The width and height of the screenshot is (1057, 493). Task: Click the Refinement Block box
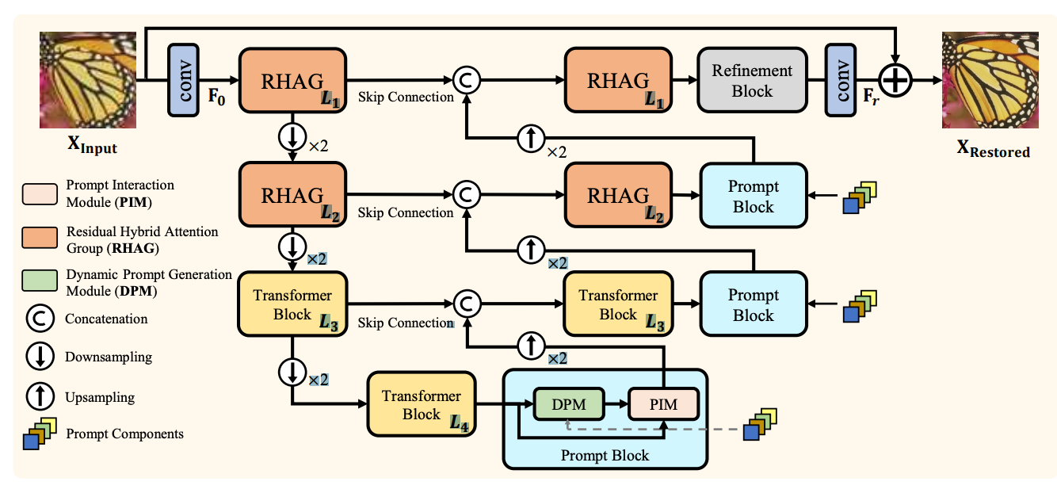751,80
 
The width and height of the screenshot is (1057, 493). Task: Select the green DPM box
569,405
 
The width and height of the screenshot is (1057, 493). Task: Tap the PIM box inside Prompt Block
664,405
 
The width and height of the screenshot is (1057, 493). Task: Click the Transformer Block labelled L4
421,404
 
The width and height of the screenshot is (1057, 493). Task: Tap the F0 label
216,100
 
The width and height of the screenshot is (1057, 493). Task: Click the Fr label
870,101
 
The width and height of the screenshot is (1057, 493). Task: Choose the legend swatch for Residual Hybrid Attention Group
40,239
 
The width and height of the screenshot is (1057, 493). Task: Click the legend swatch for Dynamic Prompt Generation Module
40,281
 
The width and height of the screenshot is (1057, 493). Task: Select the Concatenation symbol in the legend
39,319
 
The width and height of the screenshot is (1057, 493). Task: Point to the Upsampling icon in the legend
39,396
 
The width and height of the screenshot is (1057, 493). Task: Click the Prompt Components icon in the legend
40,433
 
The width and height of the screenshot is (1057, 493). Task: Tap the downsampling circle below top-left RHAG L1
292,137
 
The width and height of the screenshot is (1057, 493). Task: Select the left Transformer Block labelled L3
292,305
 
